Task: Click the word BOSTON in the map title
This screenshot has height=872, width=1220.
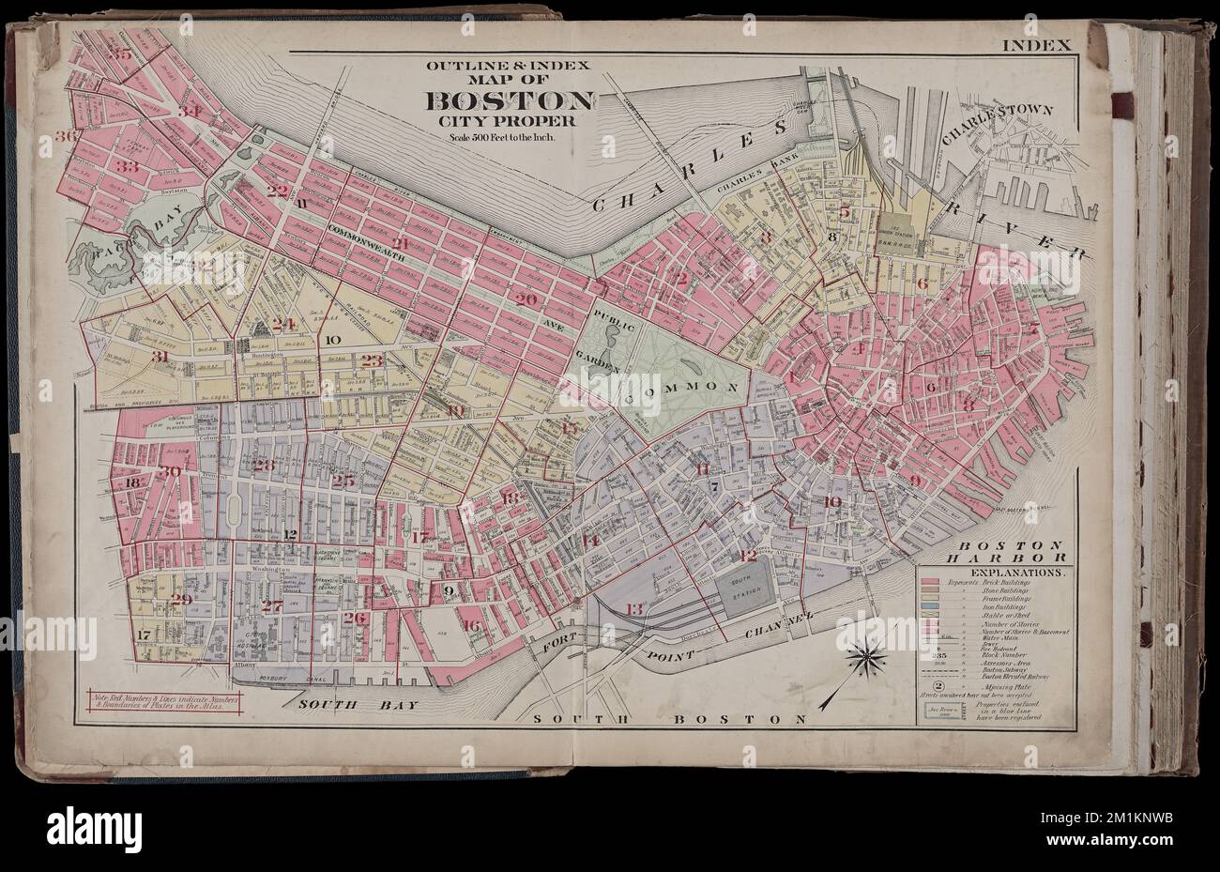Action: point(511,101)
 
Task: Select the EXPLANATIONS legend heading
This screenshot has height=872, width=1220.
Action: point(995,570)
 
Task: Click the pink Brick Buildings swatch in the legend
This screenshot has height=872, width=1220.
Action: point(931,583)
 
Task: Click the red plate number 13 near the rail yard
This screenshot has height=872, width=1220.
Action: point(634,610)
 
